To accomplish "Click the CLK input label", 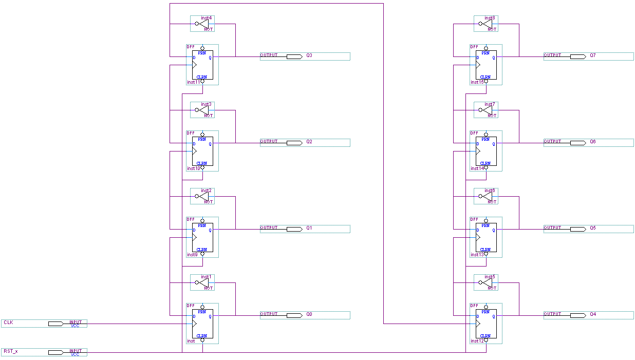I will pos(8,323).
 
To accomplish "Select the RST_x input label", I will pos(10,351).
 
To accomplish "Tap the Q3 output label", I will pos(309,55).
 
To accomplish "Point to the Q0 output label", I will pos(309,314).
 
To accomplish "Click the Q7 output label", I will pos(593,55).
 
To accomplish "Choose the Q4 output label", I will pos(593,314).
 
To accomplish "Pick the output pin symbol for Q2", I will pos(294,143).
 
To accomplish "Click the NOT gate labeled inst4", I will pos(204,24).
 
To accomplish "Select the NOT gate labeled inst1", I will pos(204,282).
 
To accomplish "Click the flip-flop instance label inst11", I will pos(194,82).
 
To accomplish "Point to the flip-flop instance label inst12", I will pos(477,341).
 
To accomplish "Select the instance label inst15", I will pos(477,82).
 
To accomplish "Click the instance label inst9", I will pos(192,255).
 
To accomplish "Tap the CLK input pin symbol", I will pos(56,324).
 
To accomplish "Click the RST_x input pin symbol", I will pos(56,352).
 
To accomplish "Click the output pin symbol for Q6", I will pos(578,143).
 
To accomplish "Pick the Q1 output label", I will pos(309,228).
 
